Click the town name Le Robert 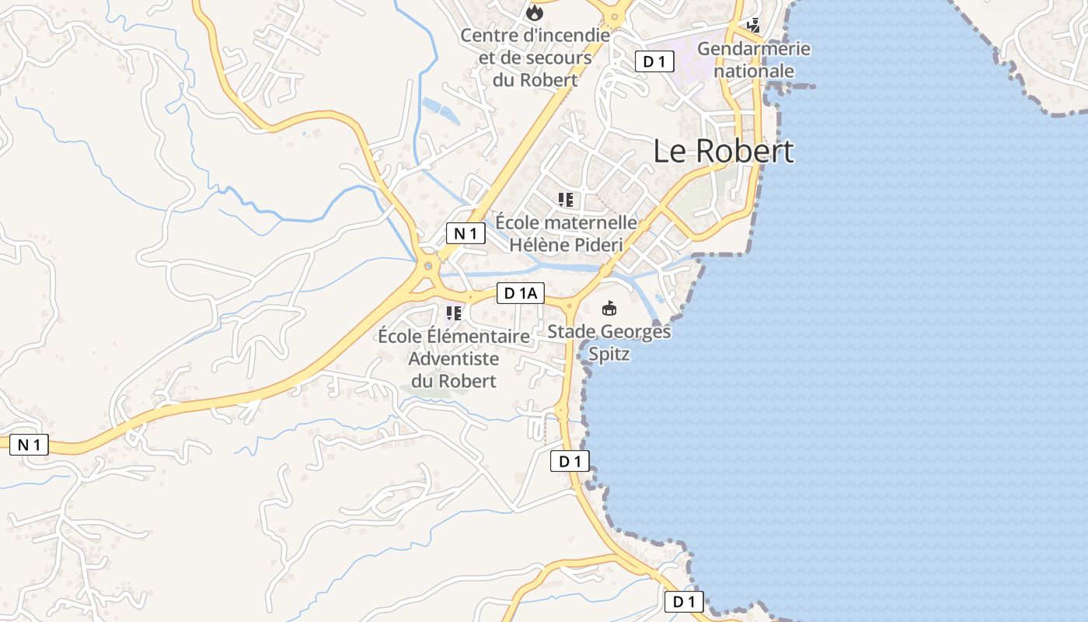724,151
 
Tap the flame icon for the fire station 535,13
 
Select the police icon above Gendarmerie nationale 753,26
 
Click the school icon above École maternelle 566,200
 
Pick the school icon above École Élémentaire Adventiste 454,313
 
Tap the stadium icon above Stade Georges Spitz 609,309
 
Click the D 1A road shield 521,293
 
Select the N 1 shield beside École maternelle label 466,232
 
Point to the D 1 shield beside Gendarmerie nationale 654,61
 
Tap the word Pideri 598,244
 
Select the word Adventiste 453,358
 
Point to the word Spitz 609,355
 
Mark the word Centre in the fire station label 488,36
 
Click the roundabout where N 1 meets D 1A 427,266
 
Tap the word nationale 754,71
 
